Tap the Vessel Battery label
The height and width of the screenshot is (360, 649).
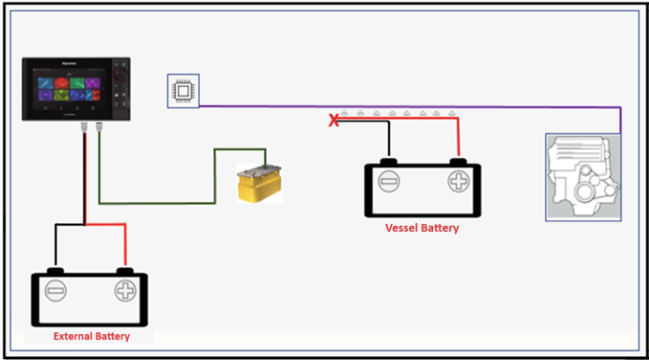422,228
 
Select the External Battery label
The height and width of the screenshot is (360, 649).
91,337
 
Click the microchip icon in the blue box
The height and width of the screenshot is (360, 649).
183,91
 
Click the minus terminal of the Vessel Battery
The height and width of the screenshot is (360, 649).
389,183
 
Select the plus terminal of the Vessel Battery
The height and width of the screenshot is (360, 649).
458,183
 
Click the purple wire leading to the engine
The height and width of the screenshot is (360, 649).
403,107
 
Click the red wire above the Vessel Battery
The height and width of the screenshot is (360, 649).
458,139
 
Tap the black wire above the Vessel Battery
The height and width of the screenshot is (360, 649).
389,139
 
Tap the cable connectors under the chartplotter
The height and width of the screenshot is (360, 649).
90,126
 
